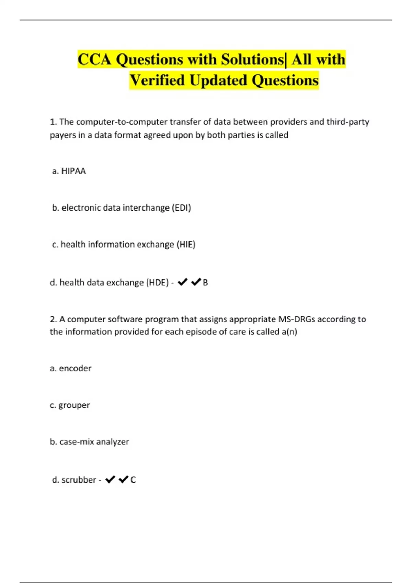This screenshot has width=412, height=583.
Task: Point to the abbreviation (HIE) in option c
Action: pyautogui.click(x=186, y=244)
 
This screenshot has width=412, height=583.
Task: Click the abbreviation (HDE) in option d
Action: pyautogui.click(x=157, y=282)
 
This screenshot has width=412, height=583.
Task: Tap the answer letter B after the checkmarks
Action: pyautogui.click(x=205, y=282)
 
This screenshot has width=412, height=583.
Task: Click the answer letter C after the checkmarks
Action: pyautogui.click(x=133, y=479)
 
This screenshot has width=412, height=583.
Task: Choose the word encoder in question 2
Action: pyautogui.click(x=75, y=368)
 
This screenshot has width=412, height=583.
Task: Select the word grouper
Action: pyautogui.click(x=74, y=405)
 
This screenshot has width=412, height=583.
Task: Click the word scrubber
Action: pyautogui.click(x=79, y=479)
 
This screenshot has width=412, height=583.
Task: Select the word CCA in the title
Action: pyautogui.click(x=95, y=59)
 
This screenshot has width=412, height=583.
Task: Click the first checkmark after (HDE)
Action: pyautogui.click(x=182, y=282)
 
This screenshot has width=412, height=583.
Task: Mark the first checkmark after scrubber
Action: pyautogui.click(x=110, y=479)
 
